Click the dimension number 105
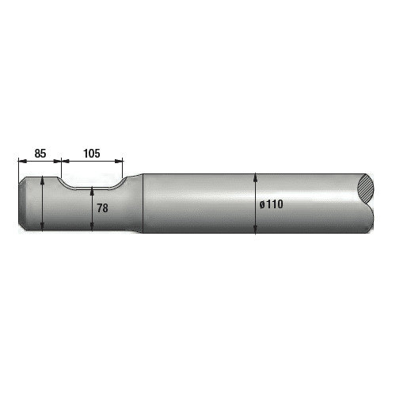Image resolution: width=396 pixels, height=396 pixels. click(x=91, y=153)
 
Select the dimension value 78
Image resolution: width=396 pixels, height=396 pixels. click(x=102, y=208)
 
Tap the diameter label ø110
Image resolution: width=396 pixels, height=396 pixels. click(x=271, y=204)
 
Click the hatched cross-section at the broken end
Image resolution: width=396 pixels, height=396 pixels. click(x=367, y=189)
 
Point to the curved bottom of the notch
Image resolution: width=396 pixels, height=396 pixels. click(x=92, y=188)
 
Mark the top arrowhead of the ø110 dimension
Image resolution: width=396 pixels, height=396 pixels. click(x=256, y=176)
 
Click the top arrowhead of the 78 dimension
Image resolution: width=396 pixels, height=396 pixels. click(x=93, y=191)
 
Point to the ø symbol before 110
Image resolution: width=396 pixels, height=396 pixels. click(x=261, y=204)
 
